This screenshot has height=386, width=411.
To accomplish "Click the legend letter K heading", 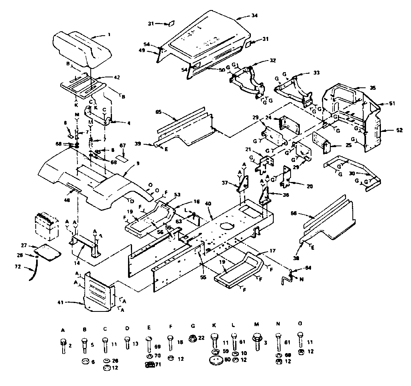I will pos(213,329).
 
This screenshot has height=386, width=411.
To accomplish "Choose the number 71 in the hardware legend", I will pos(158,364).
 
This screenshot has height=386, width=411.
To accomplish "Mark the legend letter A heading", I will pos(63,329).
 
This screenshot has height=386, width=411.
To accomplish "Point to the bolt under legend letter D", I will pos(127,344).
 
